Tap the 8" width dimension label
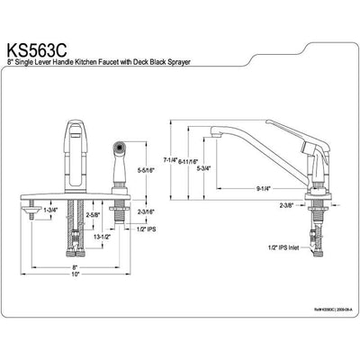[x=76, y=267]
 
